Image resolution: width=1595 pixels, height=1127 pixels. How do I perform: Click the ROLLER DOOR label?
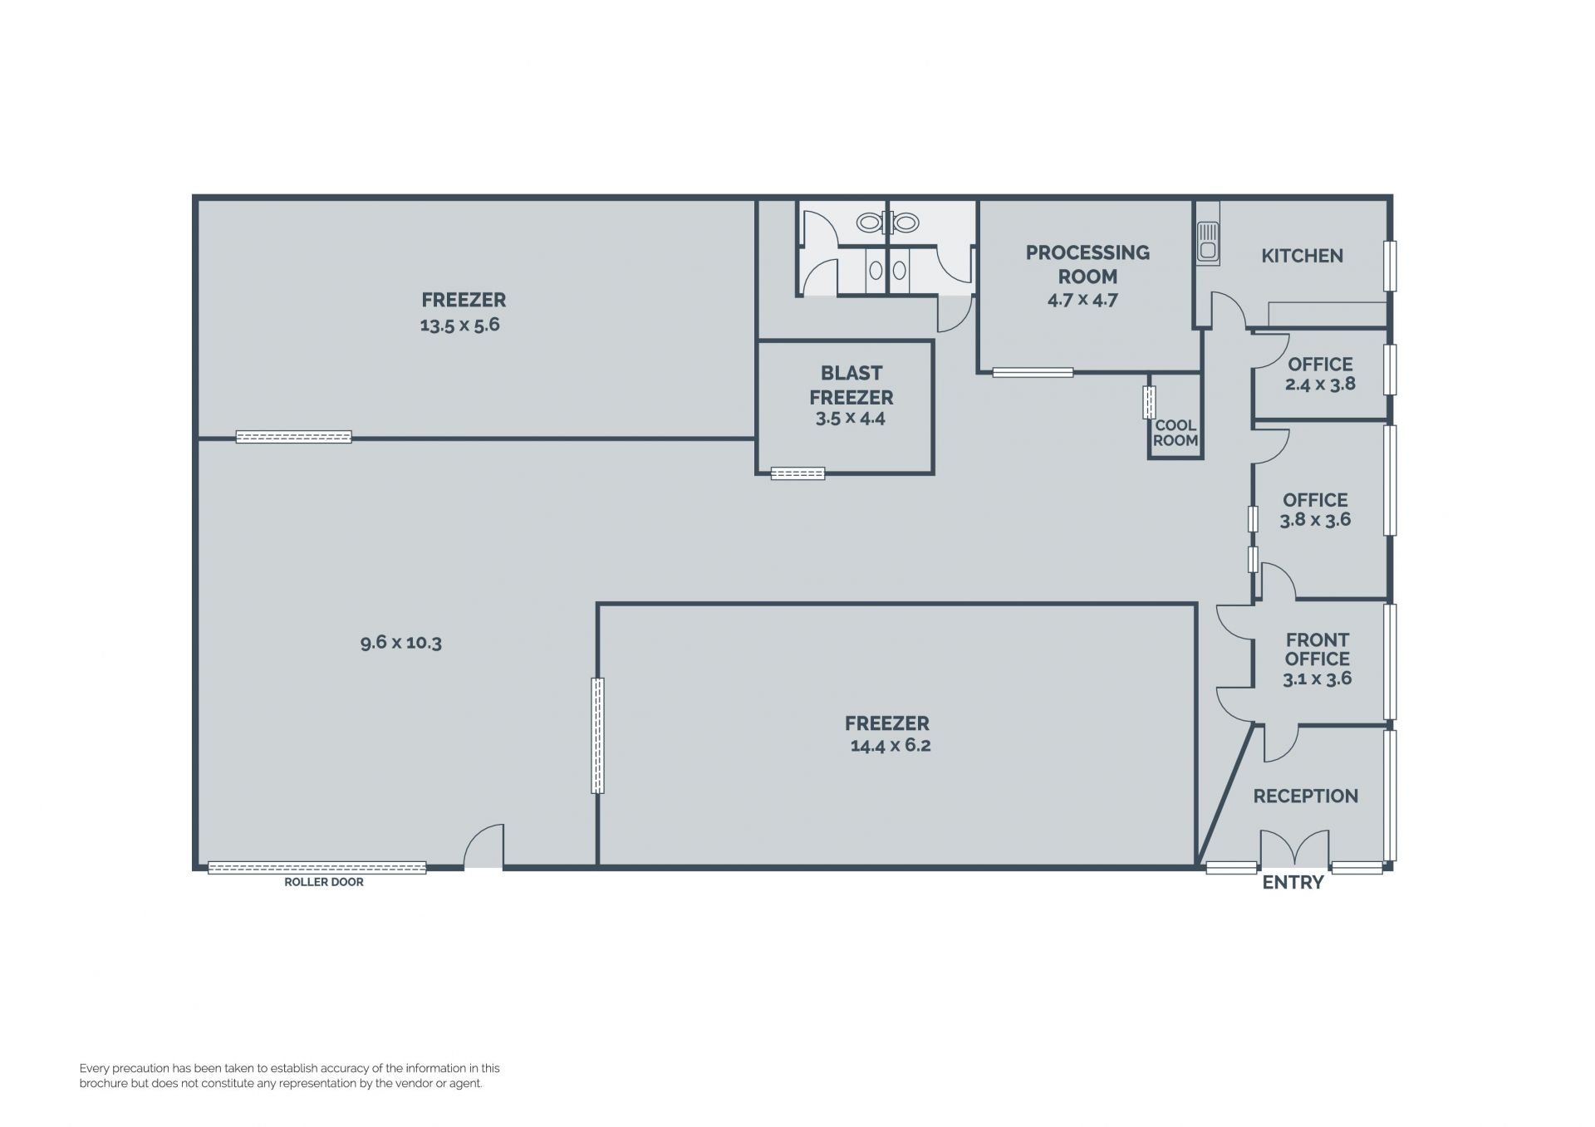[x=324, y=882]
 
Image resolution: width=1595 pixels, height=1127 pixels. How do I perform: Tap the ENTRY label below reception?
[x=1293, y=883]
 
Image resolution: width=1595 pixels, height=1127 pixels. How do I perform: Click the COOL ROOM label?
[x=1175, y=433]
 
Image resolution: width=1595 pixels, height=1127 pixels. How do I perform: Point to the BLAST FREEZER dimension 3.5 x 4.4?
[x=851, y=418]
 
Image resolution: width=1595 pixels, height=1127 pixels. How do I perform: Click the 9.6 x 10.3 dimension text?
[x=401, y=642]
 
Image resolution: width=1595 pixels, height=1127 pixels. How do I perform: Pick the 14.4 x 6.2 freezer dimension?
[x=891, y=745]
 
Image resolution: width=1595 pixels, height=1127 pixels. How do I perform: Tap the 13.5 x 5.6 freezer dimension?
[x=459, y=325]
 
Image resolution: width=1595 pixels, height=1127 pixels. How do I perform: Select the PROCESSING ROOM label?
[x=1087, y=264]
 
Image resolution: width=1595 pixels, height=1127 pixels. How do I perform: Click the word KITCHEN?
[x=1302, y=256]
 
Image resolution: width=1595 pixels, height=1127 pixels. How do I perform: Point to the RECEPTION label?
[x=1306, y=796]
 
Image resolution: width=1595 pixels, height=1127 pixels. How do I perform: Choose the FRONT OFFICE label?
[x=1318, y=649]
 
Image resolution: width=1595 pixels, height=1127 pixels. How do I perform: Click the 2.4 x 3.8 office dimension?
[x=1320, y=384]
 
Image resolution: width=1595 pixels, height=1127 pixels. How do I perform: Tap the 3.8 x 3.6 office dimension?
[x=1315, y=520]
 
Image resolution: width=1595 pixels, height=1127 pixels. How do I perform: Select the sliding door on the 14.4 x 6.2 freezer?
[x=597, y=735]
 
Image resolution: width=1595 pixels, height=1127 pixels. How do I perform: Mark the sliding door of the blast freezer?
[x=797, y=473]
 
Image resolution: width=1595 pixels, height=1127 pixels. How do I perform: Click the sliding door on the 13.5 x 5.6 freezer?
[x=293, y=437]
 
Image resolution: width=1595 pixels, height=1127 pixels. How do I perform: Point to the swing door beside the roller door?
[x=483, y=845]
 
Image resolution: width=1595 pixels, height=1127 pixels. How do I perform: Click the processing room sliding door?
[x=1033, y=372]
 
